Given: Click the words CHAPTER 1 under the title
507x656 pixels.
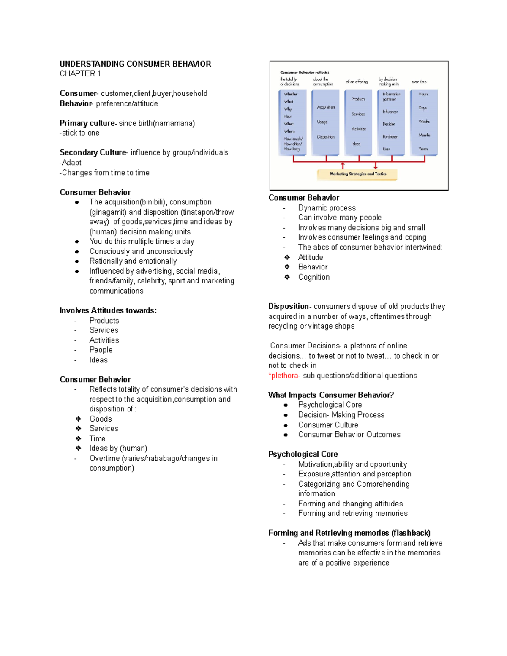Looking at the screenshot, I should (x=80, y=74).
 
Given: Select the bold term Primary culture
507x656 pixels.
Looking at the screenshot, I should (x=87, y=123).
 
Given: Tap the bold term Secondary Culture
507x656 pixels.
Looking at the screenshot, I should (x=93, y=152).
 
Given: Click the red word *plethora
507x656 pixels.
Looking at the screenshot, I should (x=284, y=376).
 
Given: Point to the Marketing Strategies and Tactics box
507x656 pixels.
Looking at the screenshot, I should (x=357, y=174).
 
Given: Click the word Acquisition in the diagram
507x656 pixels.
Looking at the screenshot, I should (x=326, y=107).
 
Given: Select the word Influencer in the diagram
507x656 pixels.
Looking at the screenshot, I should (x=390, y=112).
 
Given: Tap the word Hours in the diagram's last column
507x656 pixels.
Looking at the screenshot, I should (x=423, y=94).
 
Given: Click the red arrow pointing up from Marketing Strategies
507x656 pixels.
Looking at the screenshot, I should (x=343, y=165).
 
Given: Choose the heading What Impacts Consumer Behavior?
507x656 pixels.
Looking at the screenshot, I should (x=331, y=395).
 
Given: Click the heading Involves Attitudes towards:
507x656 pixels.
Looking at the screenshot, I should (x=108, y=310).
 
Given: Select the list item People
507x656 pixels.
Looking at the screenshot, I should (x=101, y=350).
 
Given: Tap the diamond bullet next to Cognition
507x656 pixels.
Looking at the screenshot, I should (x=287, y=277).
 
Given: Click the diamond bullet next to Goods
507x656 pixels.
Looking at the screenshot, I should (x=78, y=419).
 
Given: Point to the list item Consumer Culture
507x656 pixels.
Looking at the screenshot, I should (x=328, y=425).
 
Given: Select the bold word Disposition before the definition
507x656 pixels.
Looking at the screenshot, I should (x=289, y=306).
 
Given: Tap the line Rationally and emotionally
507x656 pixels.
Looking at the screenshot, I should (x=133, y=261).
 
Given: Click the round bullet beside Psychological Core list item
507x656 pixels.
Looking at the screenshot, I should (x=286, y=405).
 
